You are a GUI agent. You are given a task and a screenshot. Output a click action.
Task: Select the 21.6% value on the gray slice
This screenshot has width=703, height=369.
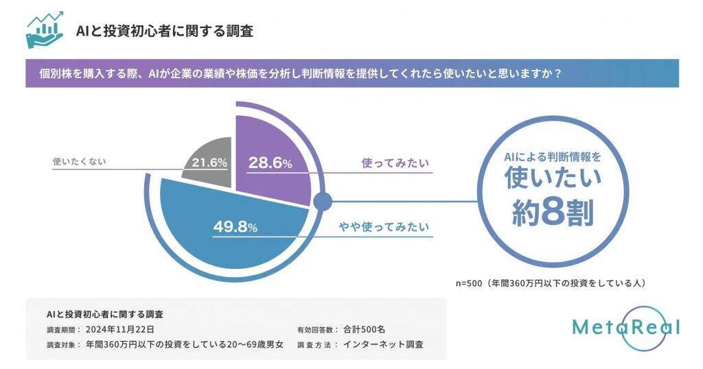(x=204, y=163)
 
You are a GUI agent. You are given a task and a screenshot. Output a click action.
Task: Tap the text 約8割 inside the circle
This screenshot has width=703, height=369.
(x=553, y=213)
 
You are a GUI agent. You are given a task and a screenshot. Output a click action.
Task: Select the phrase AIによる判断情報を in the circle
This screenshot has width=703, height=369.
(x=553, y=156)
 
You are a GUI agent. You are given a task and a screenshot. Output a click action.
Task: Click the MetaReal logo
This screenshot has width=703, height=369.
(x=625, y=327)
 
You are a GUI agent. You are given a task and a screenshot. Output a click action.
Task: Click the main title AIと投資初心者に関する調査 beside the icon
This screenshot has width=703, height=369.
(x=165, y=31)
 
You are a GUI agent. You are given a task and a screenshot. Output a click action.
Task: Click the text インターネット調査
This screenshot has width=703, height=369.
(x=382, y=344)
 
